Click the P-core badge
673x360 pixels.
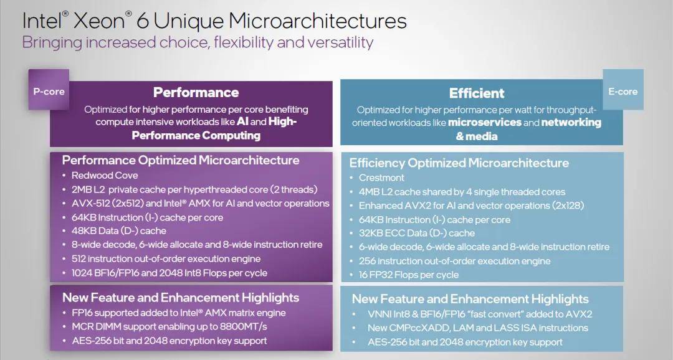(49, 89)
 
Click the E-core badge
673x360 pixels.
(623, 89)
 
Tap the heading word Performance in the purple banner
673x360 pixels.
(196, 92)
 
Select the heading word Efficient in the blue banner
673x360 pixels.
(477, 93)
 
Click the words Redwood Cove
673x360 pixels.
(105, 175)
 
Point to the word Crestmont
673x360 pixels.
(381, 178)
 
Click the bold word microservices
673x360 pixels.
(485, 122)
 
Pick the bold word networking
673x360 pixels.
(571, 123)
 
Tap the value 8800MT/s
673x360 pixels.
(244, 326)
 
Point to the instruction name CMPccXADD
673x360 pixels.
(417, 328)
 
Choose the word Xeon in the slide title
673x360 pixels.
(100, 21)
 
